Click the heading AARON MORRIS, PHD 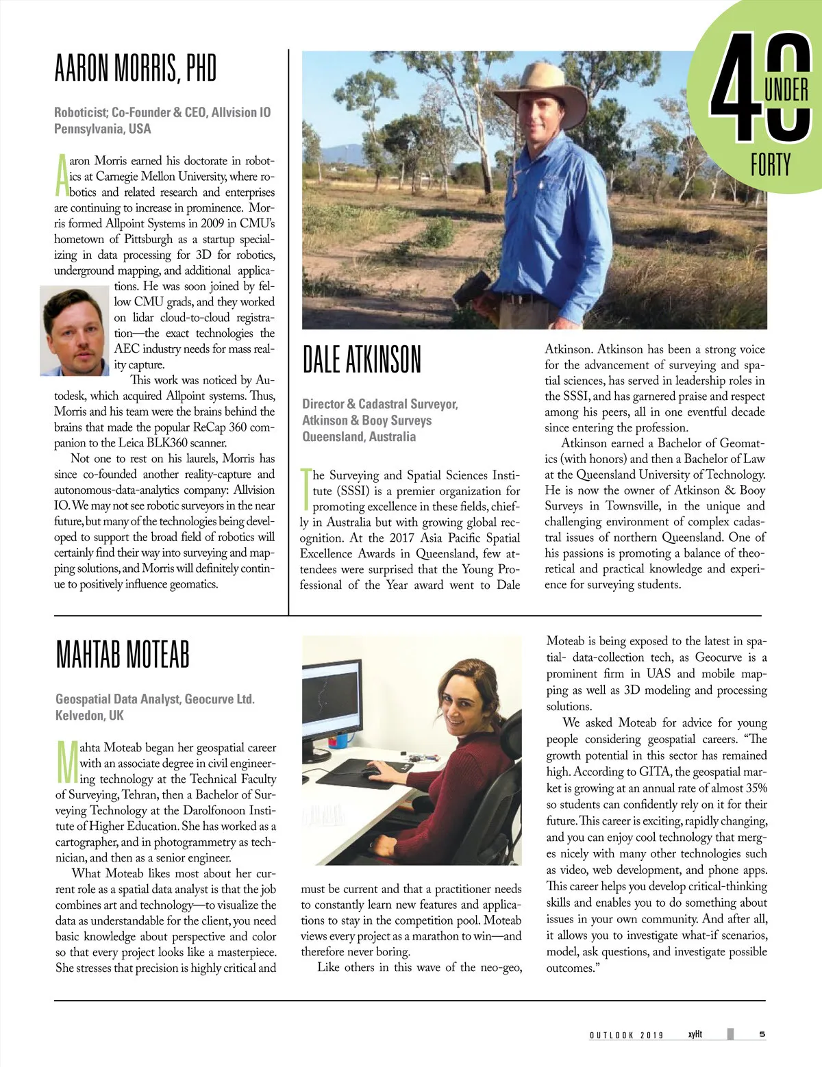[135, 68]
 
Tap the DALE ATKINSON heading [362, 360]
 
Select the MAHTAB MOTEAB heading [122, 655]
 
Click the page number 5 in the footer [762, 1034]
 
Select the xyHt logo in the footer [695, 1034]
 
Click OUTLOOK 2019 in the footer [626, 1035]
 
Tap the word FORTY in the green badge [771, 165]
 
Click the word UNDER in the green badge [786, 90]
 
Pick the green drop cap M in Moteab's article [66, 762]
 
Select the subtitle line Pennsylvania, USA [103, 129]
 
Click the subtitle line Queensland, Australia [359, 436]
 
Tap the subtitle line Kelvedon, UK [90, 715]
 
